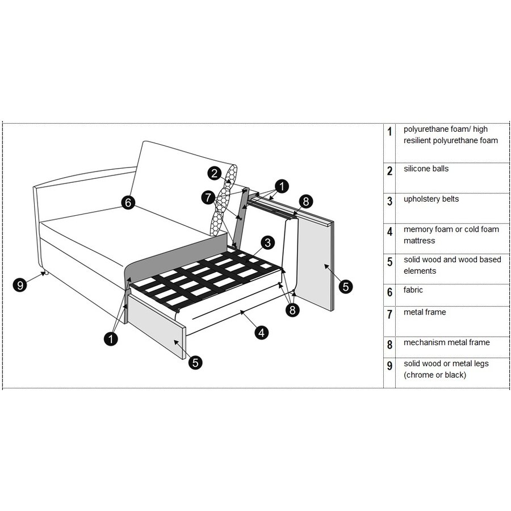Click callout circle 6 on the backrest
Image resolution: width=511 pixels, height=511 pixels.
[128, 202]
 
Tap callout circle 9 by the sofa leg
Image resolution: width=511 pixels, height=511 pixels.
[20, 284]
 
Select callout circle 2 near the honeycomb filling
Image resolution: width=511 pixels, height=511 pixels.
[214, 173]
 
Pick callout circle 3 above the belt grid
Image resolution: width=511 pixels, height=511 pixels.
[268, 242]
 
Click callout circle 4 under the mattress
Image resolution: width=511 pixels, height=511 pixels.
[261, 333]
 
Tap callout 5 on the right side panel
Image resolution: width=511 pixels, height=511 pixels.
[345, 287]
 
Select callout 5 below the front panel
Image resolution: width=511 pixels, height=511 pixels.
[195, 362]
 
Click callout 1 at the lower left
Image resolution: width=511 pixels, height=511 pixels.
[111, 338]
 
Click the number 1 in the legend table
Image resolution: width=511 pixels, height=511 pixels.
[389, 132]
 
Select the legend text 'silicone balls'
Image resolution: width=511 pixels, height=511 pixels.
[426, 169]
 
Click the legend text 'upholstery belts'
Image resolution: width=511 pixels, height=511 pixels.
[431, 199]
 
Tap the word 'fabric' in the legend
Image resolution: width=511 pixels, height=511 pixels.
[413, 290]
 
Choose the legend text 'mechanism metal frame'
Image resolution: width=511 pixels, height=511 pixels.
[446, 342]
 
